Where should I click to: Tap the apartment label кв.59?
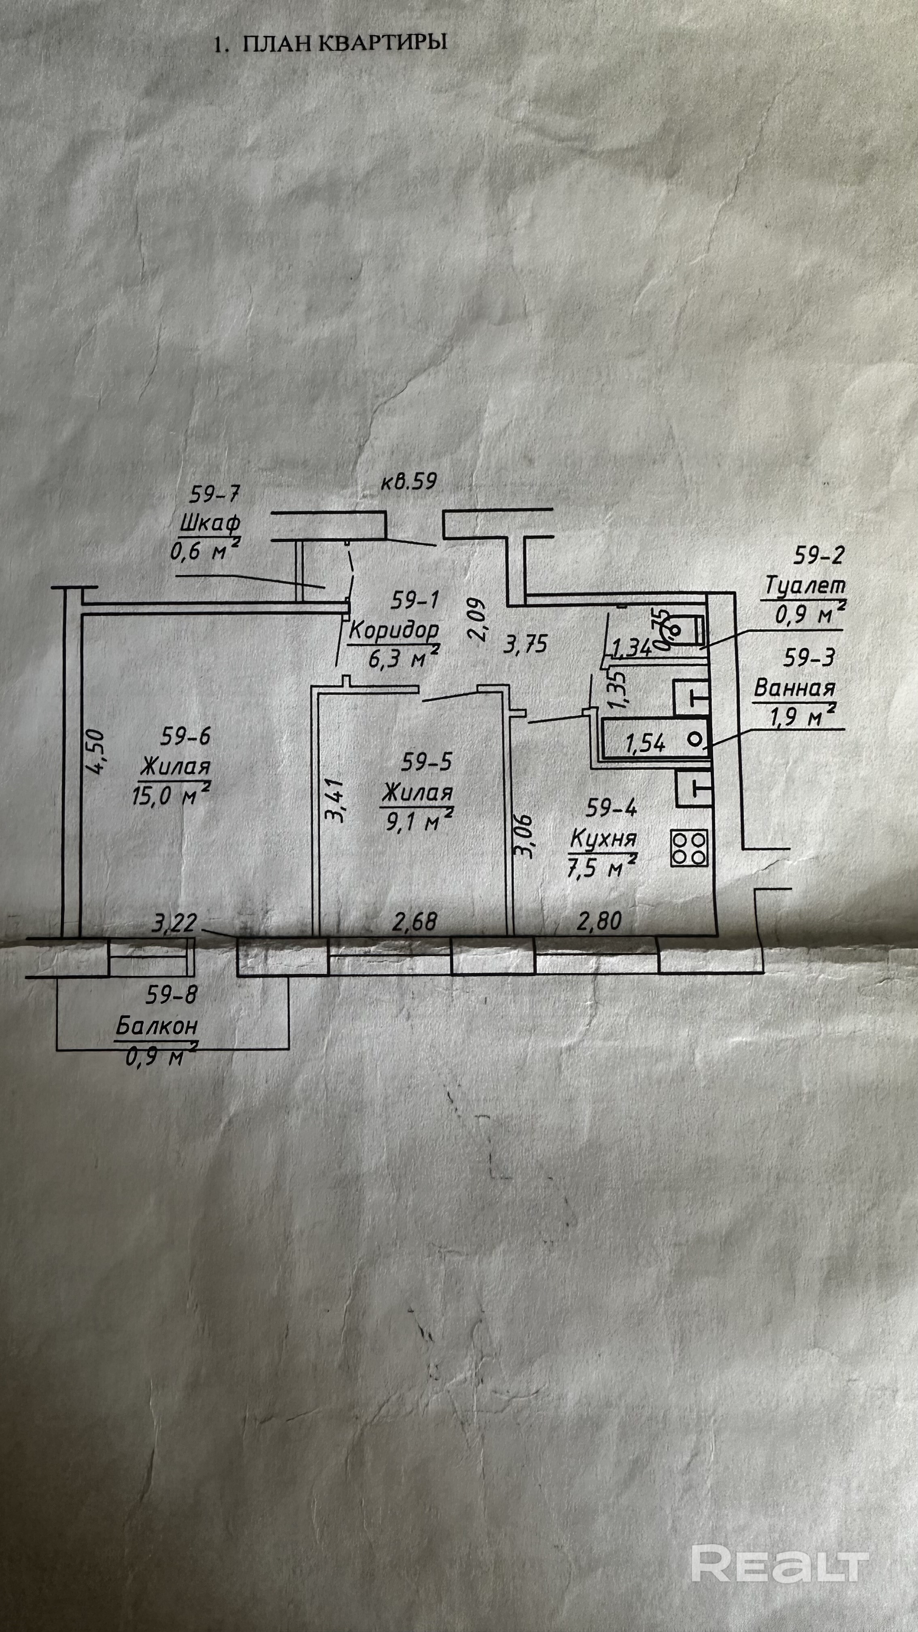(x=409, y=482)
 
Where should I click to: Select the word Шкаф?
(x=210, y=524)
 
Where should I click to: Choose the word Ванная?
(x=795, y=688)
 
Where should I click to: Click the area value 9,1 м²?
(x=416, y=821)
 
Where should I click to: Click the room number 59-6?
(x=185, y=736)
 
